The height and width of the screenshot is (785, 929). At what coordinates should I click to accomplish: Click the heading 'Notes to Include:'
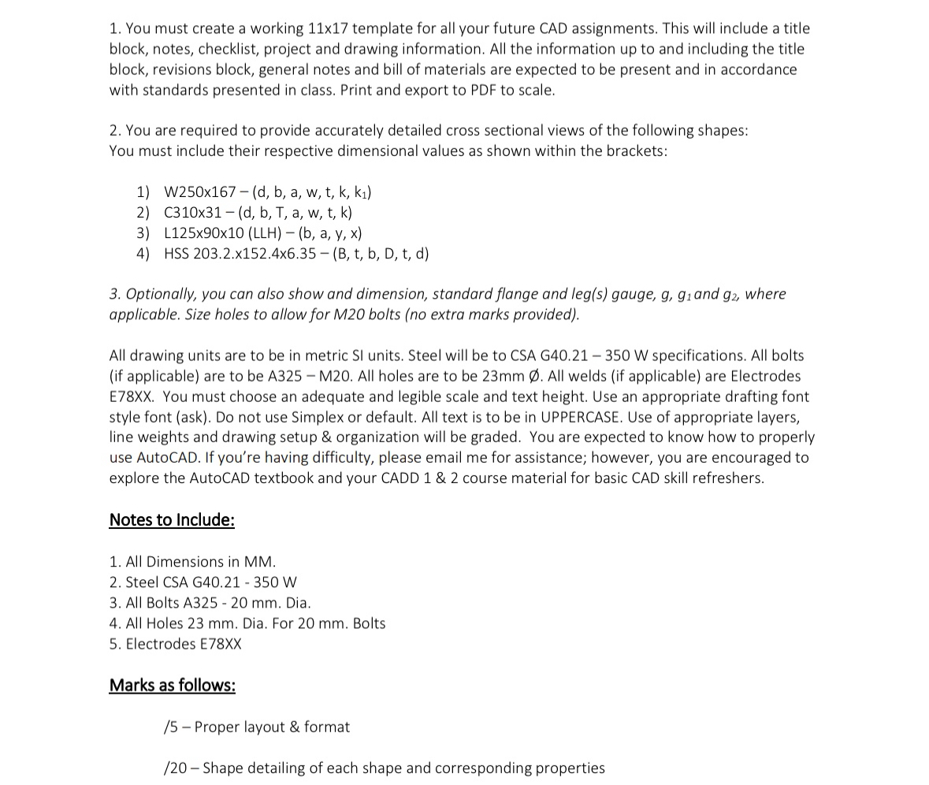[172, 520]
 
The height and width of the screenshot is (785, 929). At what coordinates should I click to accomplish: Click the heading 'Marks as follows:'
[172, 686]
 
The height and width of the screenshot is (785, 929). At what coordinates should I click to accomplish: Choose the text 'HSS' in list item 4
[177, 254]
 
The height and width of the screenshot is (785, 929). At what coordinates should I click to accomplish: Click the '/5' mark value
[171, 727]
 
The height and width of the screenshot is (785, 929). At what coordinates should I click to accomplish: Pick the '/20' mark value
[175, 768]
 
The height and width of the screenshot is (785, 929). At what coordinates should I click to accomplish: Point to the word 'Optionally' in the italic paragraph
[160, 294]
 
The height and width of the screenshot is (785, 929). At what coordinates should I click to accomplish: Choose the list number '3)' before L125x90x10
[143, 233]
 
